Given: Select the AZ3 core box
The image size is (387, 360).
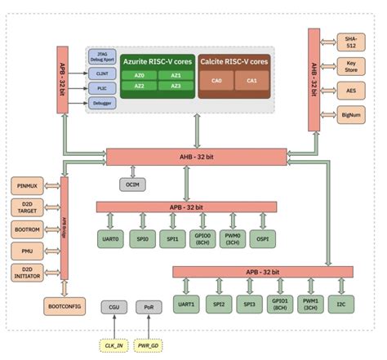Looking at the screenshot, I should tap(175, 87).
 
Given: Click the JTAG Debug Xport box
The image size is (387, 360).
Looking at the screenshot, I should tap(102, 56).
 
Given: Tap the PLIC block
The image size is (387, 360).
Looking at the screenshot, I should tap(102, 88).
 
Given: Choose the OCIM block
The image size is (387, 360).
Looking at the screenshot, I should tap(132, 185).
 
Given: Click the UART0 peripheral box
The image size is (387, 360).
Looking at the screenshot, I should tap(110, 241).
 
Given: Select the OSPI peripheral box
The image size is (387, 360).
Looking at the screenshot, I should tap(263, 241).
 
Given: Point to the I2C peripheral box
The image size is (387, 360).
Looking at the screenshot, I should tap(341, 304).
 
